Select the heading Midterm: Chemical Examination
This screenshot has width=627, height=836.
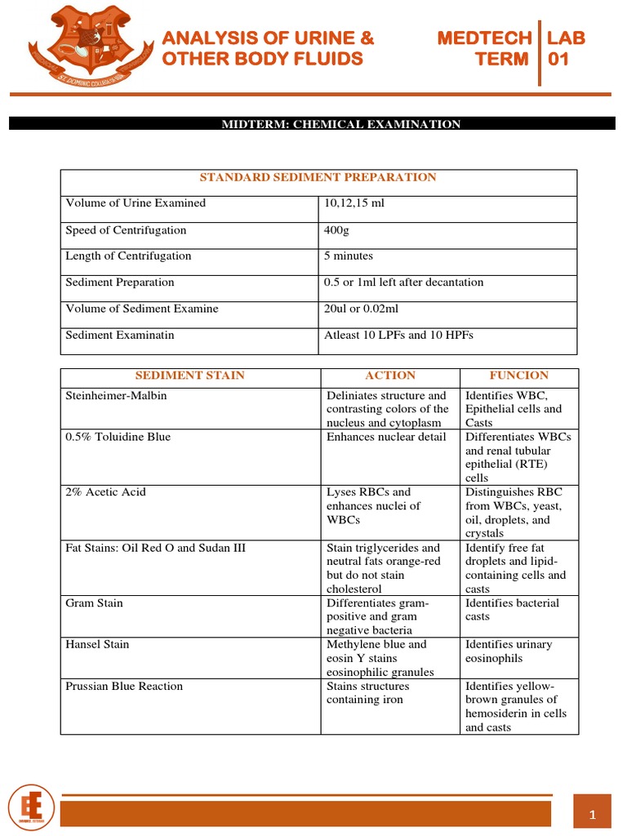click(342, 124)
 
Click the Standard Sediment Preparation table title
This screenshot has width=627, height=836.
click(318, 177)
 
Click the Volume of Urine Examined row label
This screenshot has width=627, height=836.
click(136, 202)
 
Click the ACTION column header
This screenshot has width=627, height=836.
click(390, 376)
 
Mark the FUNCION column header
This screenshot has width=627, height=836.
click(518, 376)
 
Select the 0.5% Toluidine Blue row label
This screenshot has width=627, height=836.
click(118, 437)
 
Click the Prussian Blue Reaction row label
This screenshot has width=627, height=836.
click(124, 686)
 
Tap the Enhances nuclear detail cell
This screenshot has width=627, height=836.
click(386, 437)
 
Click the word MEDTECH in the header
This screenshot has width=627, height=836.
click(484, 38)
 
